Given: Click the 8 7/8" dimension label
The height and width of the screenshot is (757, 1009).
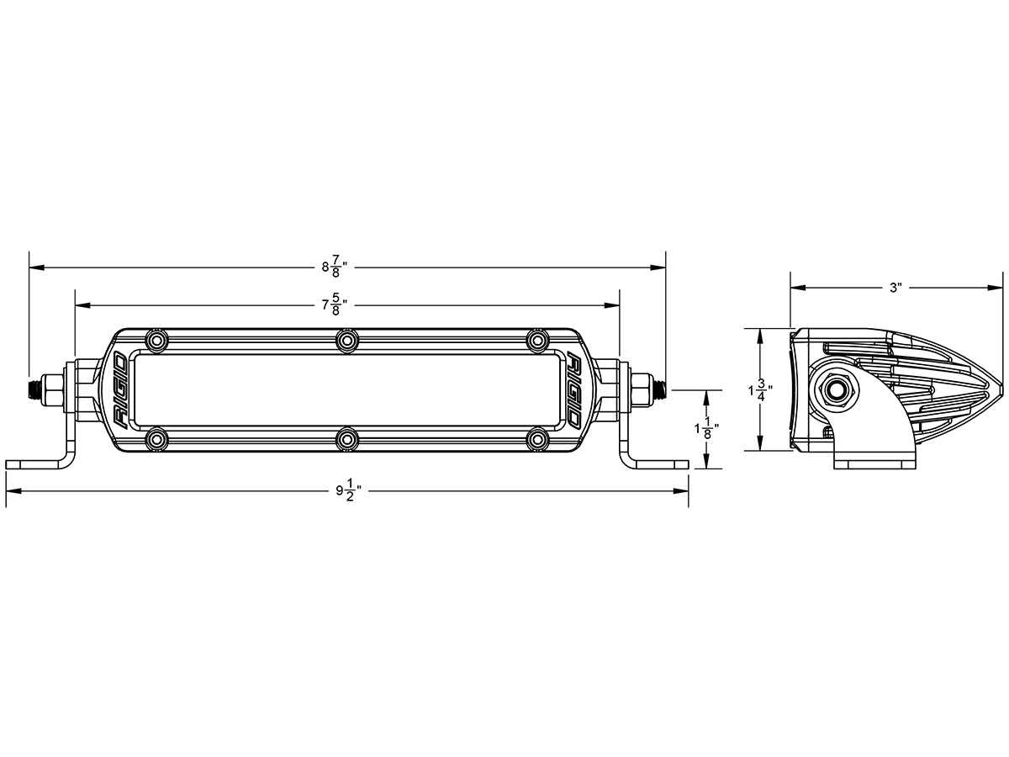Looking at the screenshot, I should tap(334, 267).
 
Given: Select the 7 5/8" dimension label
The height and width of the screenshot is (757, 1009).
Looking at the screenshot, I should tap(334, 304).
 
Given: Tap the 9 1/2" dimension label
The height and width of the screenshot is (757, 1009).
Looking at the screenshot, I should tap(347, 492).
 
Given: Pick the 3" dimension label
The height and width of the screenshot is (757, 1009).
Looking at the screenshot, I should tap(895, 288).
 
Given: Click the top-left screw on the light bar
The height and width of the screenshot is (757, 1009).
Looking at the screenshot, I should tap(156, 339).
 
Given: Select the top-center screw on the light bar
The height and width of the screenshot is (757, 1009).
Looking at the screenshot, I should tap(347, 339).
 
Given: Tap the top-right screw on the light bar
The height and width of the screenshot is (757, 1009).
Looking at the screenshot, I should tap(537, 339).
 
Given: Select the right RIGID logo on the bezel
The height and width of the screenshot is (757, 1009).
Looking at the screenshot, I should tap(575, 389).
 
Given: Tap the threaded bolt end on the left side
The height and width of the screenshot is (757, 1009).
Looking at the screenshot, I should tap(35, 389).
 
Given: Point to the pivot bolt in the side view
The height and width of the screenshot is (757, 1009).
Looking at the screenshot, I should tap(836, 389).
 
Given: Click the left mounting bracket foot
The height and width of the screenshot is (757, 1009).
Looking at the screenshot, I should tap(34, 463).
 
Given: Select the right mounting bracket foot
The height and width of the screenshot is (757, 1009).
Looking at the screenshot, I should tap(661, 463).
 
